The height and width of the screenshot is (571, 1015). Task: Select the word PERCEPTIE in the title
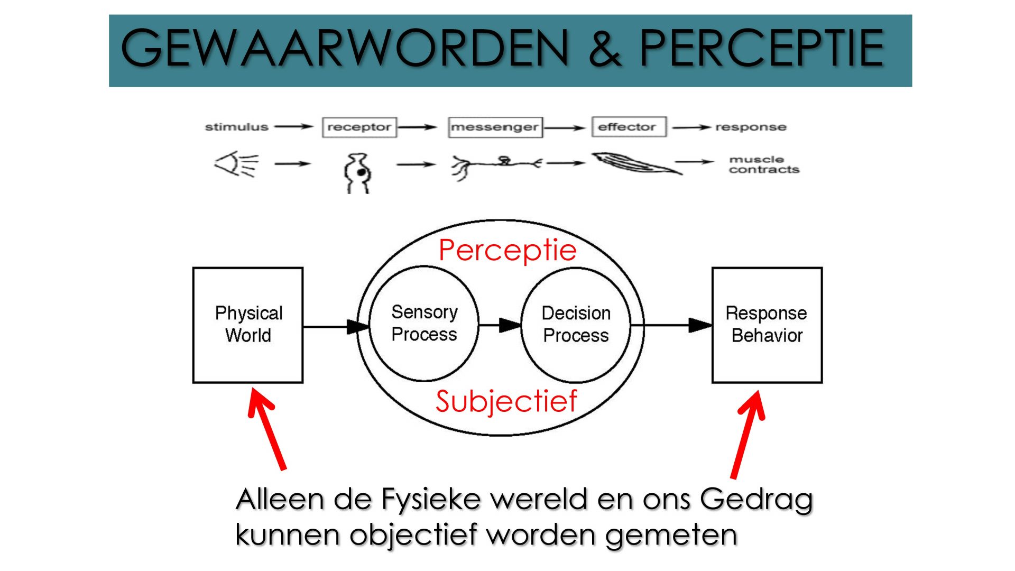click(762, 48)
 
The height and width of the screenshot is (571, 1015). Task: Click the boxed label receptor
click(359, 127)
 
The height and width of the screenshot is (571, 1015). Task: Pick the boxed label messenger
click(495, 127)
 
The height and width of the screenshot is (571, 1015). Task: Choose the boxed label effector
click(629, 127)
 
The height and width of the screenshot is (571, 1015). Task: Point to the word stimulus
click(236, 127)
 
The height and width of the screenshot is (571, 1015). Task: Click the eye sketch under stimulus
click(236, 164)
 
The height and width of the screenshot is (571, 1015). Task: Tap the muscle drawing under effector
click(636, 163)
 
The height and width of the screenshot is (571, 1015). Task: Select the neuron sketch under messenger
click(496, 165)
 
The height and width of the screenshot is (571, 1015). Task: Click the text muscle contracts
click(764, 164)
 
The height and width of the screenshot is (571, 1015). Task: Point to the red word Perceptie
click(508, 251)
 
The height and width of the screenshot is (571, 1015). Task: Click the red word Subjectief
click(506, 402)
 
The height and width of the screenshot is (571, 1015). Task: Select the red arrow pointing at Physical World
click(267, 429)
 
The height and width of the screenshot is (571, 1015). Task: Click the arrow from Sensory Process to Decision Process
click(500, 325)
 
